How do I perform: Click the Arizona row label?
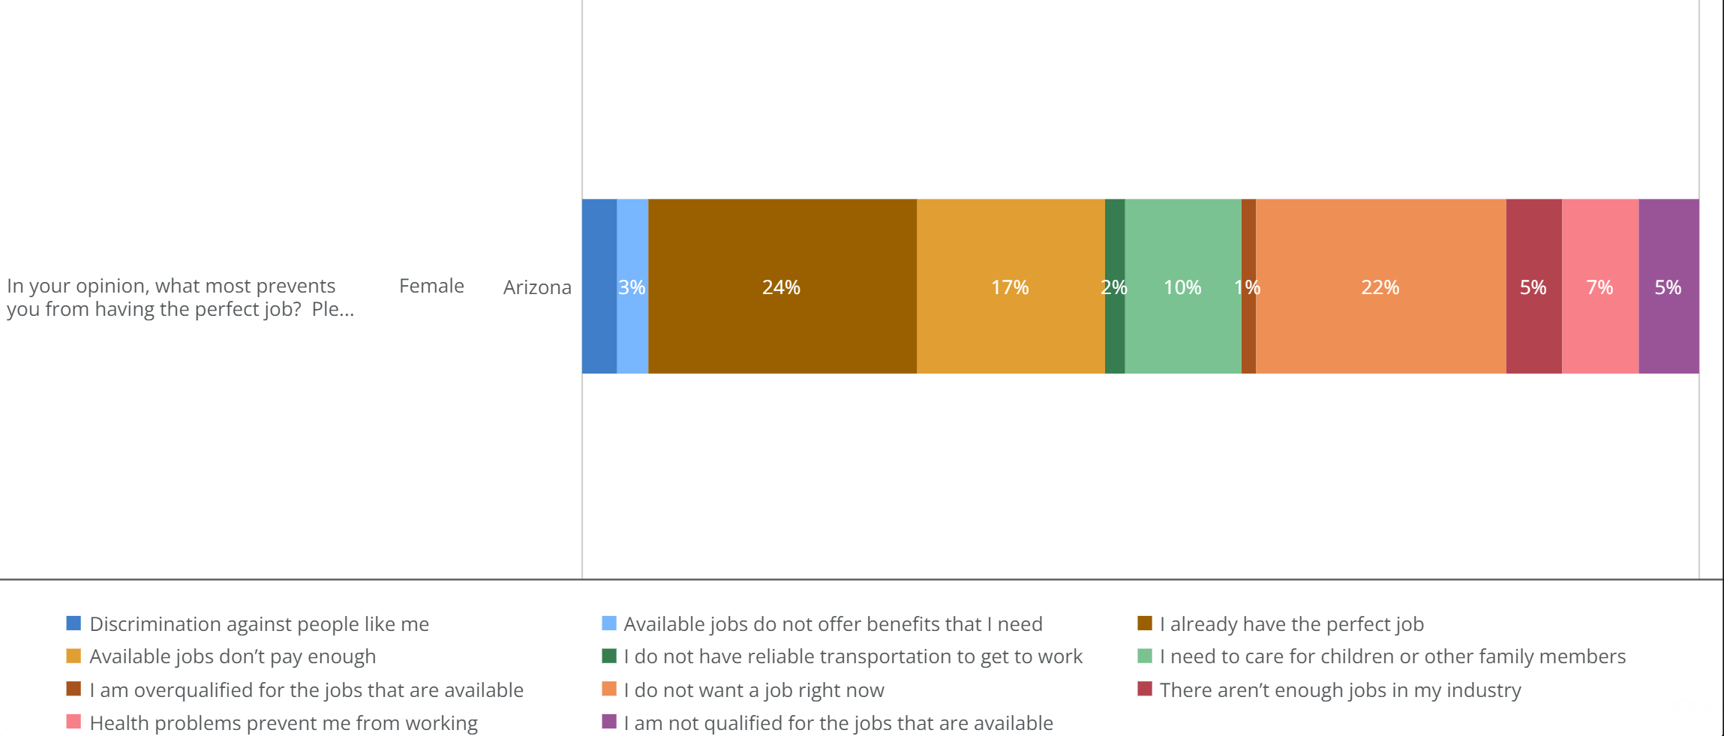[x=537, y=287]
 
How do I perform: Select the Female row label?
[x=431, y=286]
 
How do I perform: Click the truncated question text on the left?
[x=180, y=297]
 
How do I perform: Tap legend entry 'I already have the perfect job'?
[x=1290, y=623]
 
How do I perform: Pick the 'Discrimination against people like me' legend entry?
[x=259, y=623]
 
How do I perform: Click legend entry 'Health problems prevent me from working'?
[x=283, y=722]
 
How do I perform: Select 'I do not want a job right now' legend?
[x=753, y=689]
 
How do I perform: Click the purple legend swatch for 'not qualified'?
[x=609, y=722]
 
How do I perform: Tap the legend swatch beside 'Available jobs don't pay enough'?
[x=74, y=656]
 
